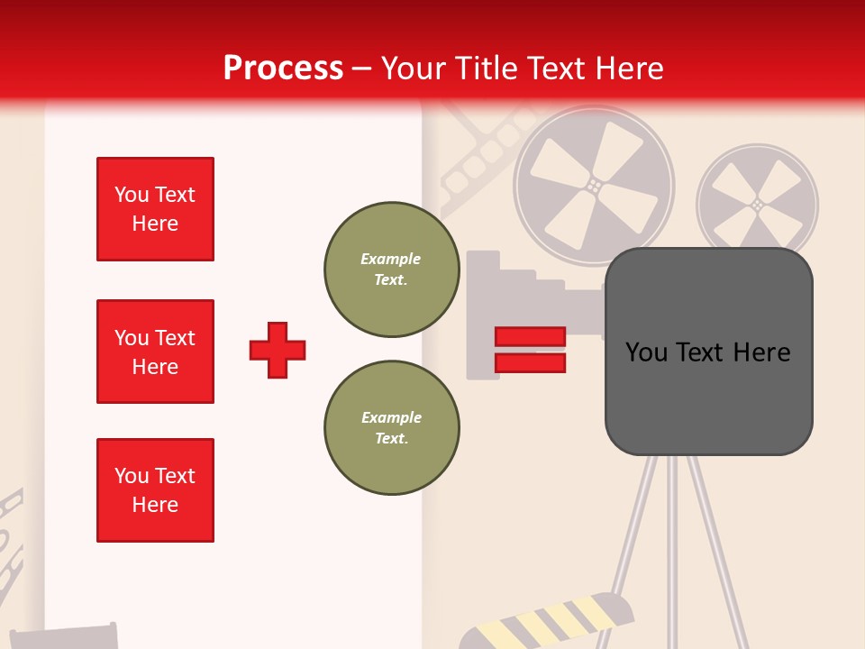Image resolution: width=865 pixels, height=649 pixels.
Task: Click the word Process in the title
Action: pos(283,69)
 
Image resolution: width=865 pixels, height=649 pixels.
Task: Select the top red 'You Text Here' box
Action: pos(155,209)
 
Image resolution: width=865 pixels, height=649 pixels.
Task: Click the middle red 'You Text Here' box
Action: pos(155,352)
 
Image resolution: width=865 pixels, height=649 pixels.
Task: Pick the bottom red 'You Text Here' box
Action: pos(155,490)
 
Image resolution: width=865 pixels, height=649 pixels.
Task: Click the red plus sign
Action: pos(278,350)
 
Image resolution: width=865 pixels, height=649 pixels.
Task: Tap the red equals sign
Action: pos(530,350)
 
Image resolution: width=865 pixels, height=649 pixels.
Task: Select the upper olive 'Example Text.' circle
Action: pos(391,270)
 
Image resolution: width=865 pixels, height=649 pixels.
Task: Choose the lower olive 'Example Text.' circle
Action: pos(391,428)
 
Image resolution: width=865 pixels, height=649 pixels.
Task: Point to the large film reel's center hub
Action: pos(594,185)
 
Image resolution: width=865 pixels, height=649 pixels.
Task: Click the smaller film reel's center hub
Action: pos(757,206)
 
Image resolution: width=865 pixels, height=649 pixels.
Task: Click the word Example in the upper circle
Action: pos(390,259)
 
